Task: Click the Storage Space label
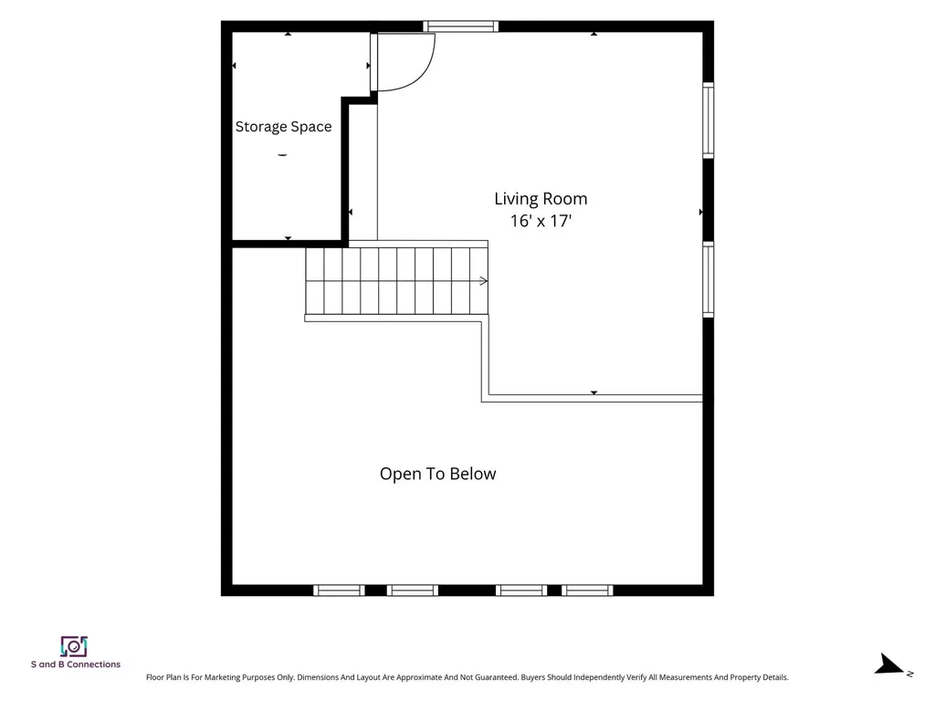tap(283, 127)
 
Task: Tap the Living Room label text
tap(541, 199)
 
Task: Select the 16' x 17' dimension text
tap(541, 221)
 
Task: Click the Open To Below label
tap(437, 474)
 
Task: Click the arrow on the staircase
tap(484, 281)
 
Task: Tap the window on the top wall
tap(460, 26)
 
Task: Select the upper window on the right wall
tap(708, 120)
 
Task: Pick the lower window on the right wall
tap(708, 279)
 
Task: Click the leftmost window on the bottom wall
tap(340, 591)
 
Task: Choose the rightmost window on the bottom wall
tap(587, 591)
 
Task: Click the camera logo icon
tap(74, 647)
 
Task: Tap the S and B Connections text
tap(76, 664)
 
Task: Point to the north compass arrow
tap(890, 664)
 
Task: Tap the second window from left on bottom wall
tap(413, 591)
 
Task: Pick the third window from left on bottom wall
tap(521, 591)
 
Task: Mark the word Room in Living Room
tap(567, 199)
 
